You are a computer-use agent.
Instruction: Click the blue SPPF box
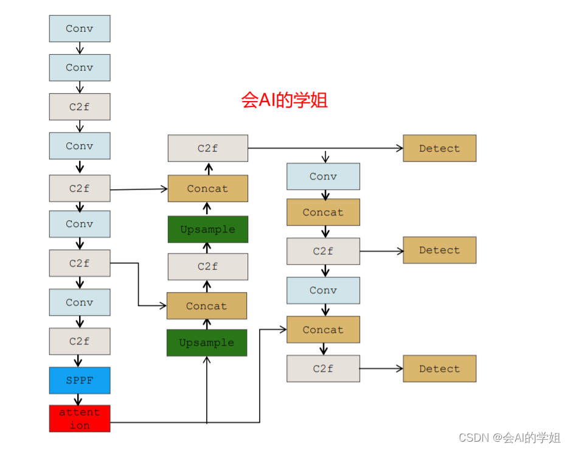coord(80,380)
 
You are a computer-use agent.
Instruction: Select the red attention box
coord(80,419)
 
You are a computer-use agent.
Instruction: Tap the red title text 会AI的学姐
coord(284,100)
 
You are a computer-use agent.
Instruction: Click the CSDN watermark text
coord(509,437)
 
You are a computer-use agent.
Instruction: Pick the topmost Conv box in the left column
coord(80,29)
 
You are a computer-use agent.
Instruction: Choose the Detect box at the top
coord(439,148)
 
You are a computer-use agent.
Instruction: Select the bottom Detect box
coord(439,369)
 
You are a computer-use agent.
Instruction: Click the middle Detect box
coord(439,250)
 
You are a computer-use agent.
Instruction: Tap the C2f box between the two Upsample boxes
coord(207,266)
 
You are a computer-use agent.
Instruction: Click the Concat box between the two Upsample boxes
coord(207,306)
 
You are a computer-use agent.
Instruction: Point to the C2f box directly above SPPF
coord(80,341)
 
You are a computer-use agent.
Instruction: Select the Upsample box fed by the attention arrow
coord(207,343)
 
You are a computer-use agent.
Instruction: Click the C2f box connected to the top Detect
coord(207,148)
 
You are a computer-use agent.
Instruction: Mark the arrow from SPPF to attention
coord(79,399)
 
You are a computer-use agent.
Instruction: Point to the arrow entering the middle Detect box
coord(381,251)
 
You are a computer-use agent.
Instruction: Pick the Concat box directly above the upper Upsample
coord(207,189)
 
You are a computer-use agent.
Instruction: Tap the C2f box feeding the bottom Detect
coord(323,369)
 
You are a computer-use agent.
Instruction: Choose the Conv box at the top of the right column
coord(323,176)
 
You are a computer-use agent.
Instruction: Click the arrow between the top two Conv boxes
coord(80,48)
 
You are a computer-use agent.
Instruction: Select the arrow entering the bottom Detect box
coord(381,369)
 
